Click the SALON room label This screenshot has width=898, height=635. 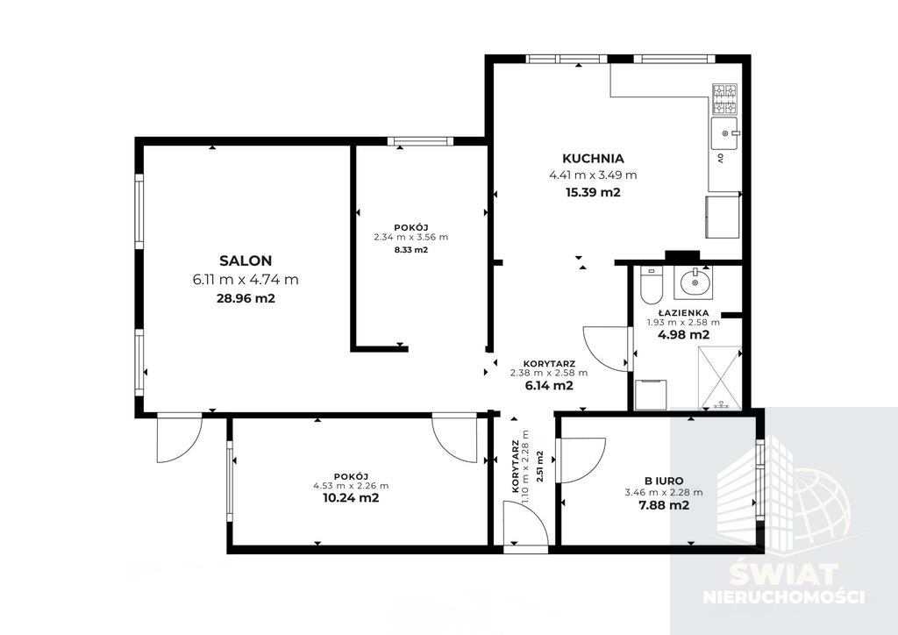[x=246, y=260]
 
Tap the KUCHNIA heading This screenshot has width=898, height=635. [x=593, y=159]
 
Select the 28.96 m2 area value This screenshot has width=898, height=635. [x=246, y=298]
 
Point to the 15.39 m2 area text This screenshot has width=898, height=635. [x=593, y=192]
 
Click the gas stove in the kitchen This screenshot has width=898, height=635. [x=724, y=99]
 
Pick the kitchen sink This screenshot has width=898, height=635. [x=724, y=134]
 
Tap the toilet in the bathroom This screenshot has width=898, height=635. [x=651, y=284]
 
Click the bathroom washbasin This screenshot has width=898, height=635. [x=693, y=282]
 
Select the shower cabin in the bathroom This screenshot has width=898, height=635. [x=719, y=378]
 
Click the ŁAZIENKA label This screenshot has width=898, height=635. [x=683, y=313]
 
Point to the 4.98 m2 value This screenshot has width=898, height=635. [x=683, y=335]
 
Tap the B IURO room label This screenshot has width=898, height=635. [x=664, y=482]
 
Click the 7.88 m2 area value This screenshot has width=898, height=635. [x=664, y=505]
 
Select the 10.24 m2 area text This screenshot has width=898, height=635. [x=351, y=498]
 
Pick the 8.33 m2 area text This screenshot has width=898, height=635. [x=411, y=250]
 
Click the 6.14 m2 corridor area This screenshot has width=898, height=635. [x=549, y=385]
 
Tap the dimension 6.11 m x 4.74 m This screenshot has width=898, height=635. [x=246, y=280]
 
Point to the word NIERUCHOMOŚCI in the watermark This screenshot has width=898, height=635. [x=783, y=596]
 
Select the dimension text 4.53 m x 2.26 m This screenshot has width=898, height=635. [x=351, y=486]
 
